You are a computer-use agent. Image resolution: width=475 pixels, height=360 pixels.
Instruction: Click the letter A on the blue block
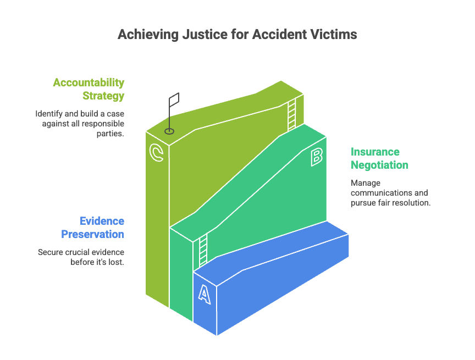click(x=204, y=294)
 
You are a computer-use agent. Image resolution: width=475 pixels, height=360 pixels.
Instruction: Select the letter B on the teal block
click(x=316, y=157)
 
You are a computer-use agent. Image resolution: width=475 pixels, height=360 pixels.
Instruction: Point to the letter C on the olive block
click(x=157, y=153)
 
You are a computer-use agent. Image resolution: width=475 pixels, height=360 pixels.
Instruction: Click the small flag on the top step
click(x=174, y=101)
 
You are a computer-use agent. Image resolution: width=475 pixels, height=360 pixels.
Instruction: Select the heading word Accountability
click(x=89, y=83)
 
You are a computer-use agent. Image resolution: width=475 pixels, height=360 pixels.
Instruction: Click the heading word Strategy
click(x=103, y=96)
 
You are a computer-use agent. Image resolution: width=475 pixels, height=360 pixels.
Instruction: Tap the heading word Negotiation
click(x=379, y=165)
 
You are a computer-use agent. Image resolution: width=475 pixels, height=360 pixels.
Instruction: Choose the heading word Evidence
click(x=102, y=221)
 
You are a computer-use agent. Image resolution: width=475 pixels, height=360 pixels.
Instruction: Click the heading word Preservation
click(x=92, y=234)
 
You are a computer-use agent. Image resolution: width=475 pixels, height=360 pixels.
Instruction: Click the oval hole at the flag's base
click(x=169, y=131)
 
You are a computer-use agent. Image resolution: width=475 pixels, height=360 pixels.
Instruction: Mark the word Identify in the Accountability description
click(x=47, y=114)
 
